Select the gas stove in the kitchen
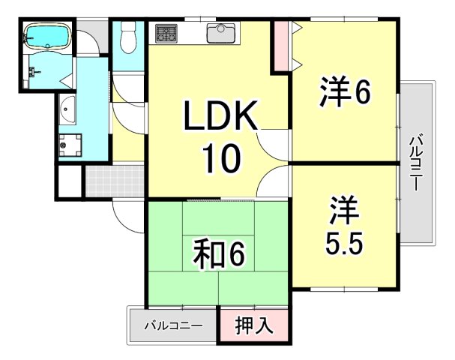(x=167, y=33)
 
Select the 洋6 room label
(x=345, y=94)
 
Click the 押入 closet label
(x=254, y=327)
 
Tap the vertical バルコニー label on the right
(x=416, y=161)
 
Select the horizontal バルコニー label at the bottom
(x=173, y=327)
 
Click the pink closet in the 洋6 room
(x=280, y=46)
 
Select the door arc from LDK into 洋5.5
(x=274, y=181)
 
